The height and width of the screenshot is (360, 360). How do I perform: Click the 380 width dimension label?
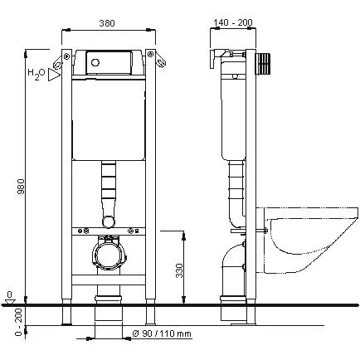[107, 23]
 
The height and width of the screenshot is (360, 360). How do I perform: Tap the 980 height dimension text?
[21, 187]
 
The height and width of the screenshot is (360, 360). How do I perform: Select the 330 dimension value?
[179, 270]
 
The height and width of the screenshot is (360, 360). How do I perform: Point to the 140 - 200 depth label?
[233, 22]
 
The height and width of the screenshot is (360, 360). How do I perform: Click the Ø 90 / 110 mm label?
[162, 333]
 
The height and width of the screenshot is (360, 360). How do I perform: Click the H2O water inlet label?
[36, 74]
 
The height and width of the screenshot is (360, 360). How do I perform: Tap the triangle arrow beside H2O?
[54, 75]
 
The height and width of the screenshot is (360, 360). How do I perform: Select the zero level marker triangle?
[10, 300]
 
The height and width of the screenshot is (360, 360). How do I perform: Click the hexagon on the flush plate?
[95, 62]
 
